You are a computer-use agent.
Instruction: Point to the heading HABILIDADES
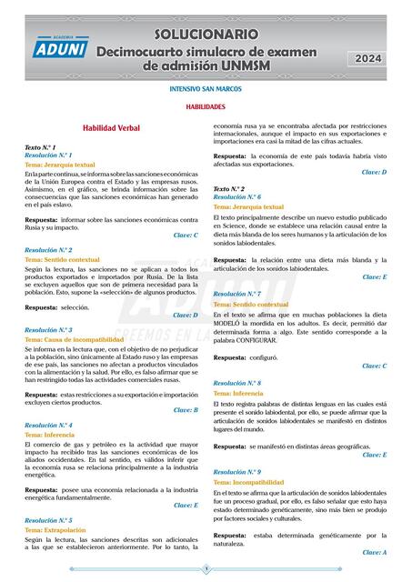tap(206, 107)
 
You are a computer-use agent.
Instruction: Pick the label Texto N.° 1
tap(41, 146)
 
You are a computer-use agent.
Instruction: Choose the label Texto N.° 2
tap(229, 188)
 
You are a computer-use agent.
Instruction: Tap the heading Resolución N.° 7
tap(237, 295)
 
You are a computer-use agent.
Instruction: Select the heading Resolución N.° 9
tap(237, 473)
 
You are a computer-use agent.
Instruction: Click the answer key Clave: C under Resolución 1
tap(186, 235)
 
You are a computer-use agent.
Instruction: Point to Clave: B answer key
tap(186, 410)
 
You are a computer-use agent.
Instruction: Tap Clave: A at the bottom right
tap(374, 552)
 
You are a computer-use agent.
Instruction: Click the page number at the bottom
tap(206, 569)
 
